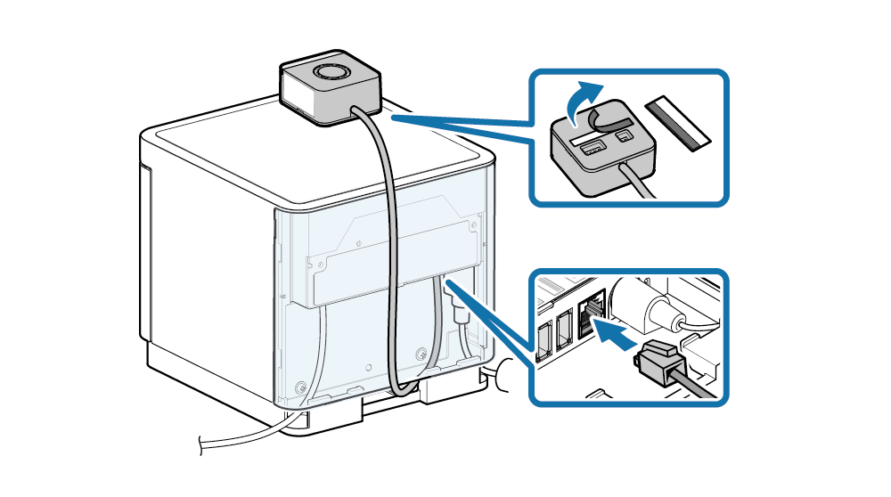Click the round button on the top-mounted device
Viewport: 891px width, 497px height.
[330, 72]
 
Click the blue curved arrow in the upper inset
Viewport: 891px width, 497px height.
[583, 100]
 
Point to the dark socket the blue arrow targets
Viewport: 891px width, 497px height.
[588, 314]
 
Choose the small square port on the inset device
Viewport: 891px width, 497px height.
[625, 136]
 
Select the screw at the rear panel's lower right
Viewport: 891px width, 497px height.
[420, 354]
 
